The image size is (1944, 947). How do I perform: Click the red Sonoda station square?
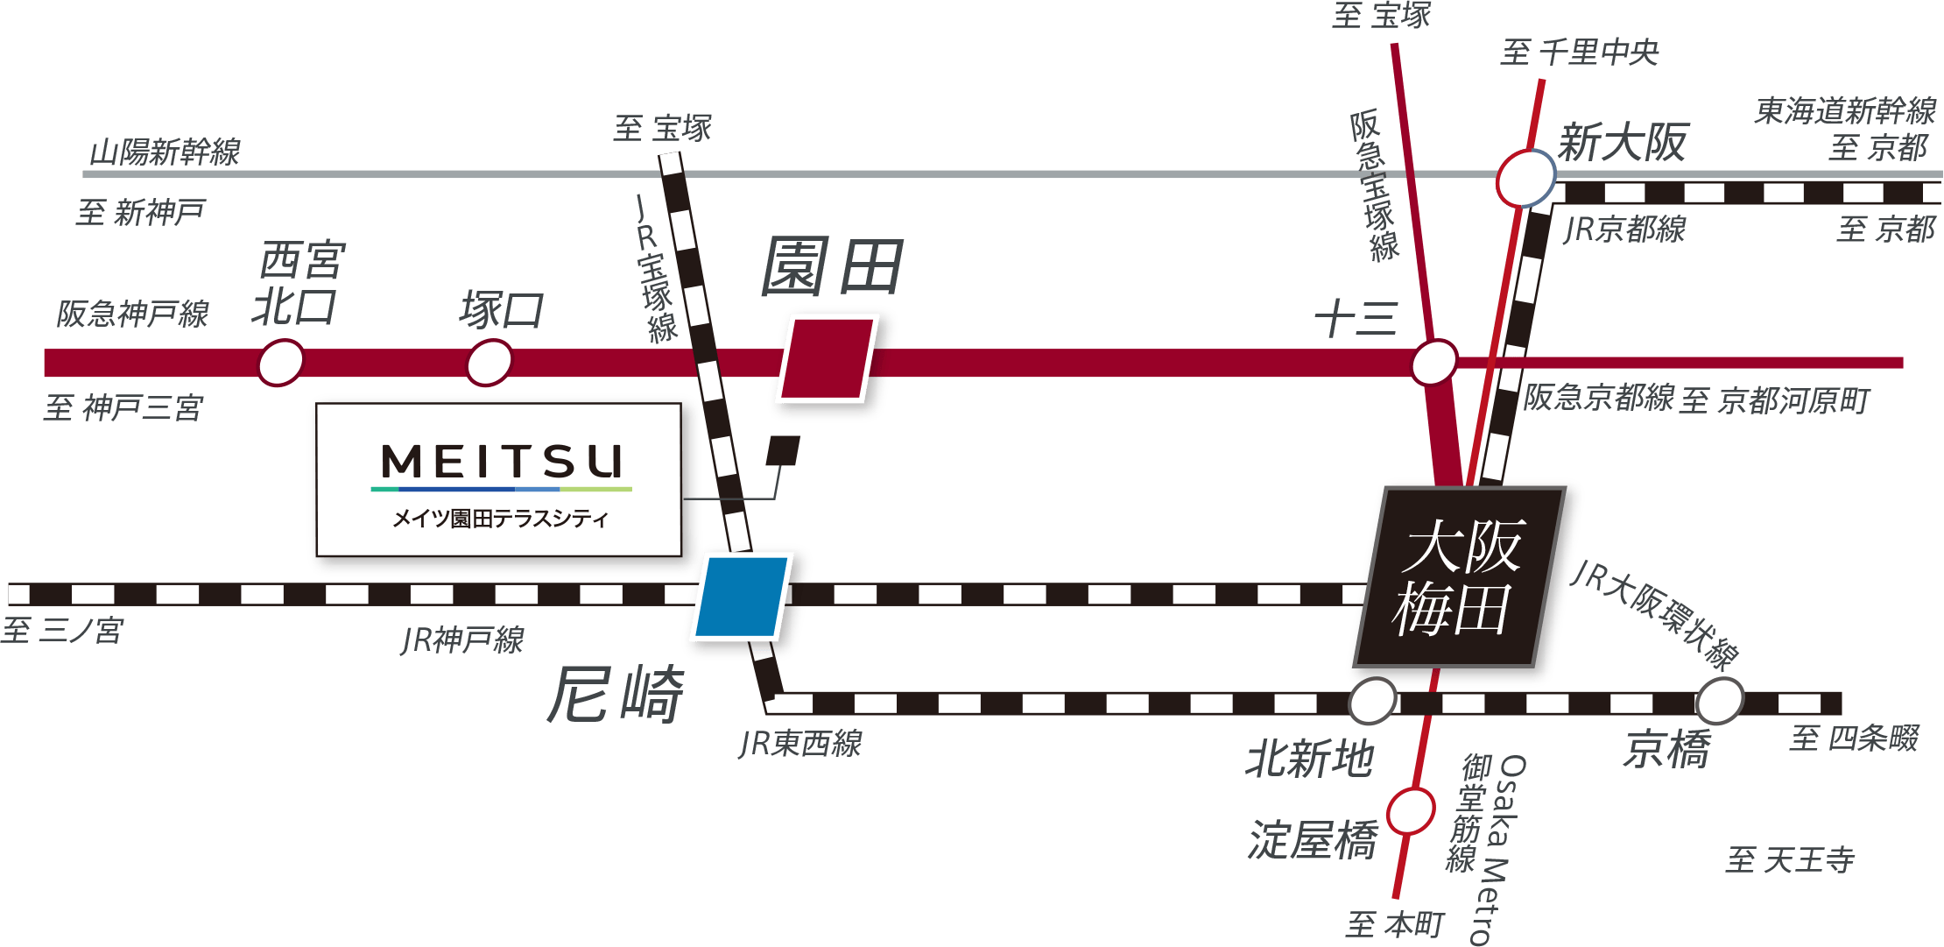[828, 358]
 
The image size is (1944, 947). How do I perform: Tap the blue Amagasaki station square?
[742, 597]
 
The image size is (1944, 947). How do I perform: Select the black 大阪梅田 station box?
[1459, 576]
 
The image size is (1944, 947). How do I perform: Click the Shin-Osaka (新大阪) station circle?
[1525, 179]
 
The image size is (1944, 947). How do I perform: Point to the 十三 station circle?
[1434, 362]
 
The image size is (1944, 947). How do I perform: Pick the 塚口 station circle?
[490, 363]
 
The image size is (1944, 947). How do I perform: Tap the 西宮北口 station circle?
[281, 363]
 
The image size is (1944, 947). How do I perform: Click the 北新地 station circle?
[1372, 701]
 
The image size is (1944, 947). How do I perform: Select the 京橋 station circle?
[1720, 701]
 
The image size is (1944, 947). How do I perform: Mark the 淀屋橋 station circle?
[1411, 811]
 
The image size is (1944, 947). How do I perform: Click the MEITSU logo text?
[503, 462]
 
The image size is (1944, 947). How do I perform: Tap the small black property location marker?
[783, 450]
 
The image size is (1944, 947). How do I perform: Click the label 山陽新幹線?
[166, 152]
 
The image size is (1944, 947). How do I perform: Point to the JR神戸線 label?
[462, 640]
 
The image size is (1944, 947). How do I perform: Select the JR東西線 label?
[800, 744]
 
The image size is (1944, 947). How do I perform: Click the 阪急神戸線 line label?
[133, 314]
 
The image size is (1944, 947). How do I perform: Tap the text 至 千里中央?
[1580, 53]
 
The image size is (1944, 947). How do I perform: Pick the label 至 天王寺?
[1790, 859]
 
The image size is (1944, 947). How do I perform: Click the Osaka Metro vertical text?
[1499, 850]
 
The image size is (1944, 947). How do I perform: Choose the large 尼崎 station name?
[616, 694]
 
